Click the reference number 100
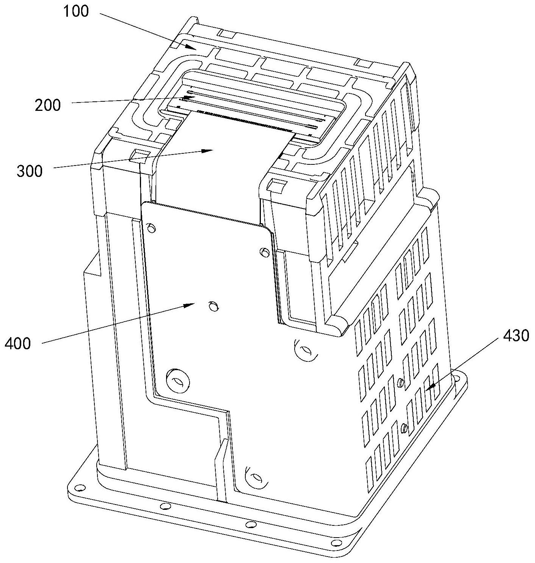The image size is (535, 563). [x=76, y=11]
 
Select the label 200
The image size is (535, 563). [x=48, y=105]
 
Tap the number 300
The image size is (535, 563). [x=30, y=171]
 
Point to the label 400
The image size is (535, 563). [x=17, y=344]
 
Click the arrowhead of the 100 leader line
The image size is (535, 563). [x=195, y=49]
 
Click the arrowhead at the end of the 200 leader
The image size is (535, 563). [x=195, y=97]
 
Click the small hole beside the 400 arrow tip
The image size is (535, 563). [x=212, y=306]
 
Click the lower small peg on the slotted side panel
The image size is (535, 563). [x=404, y=429]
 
